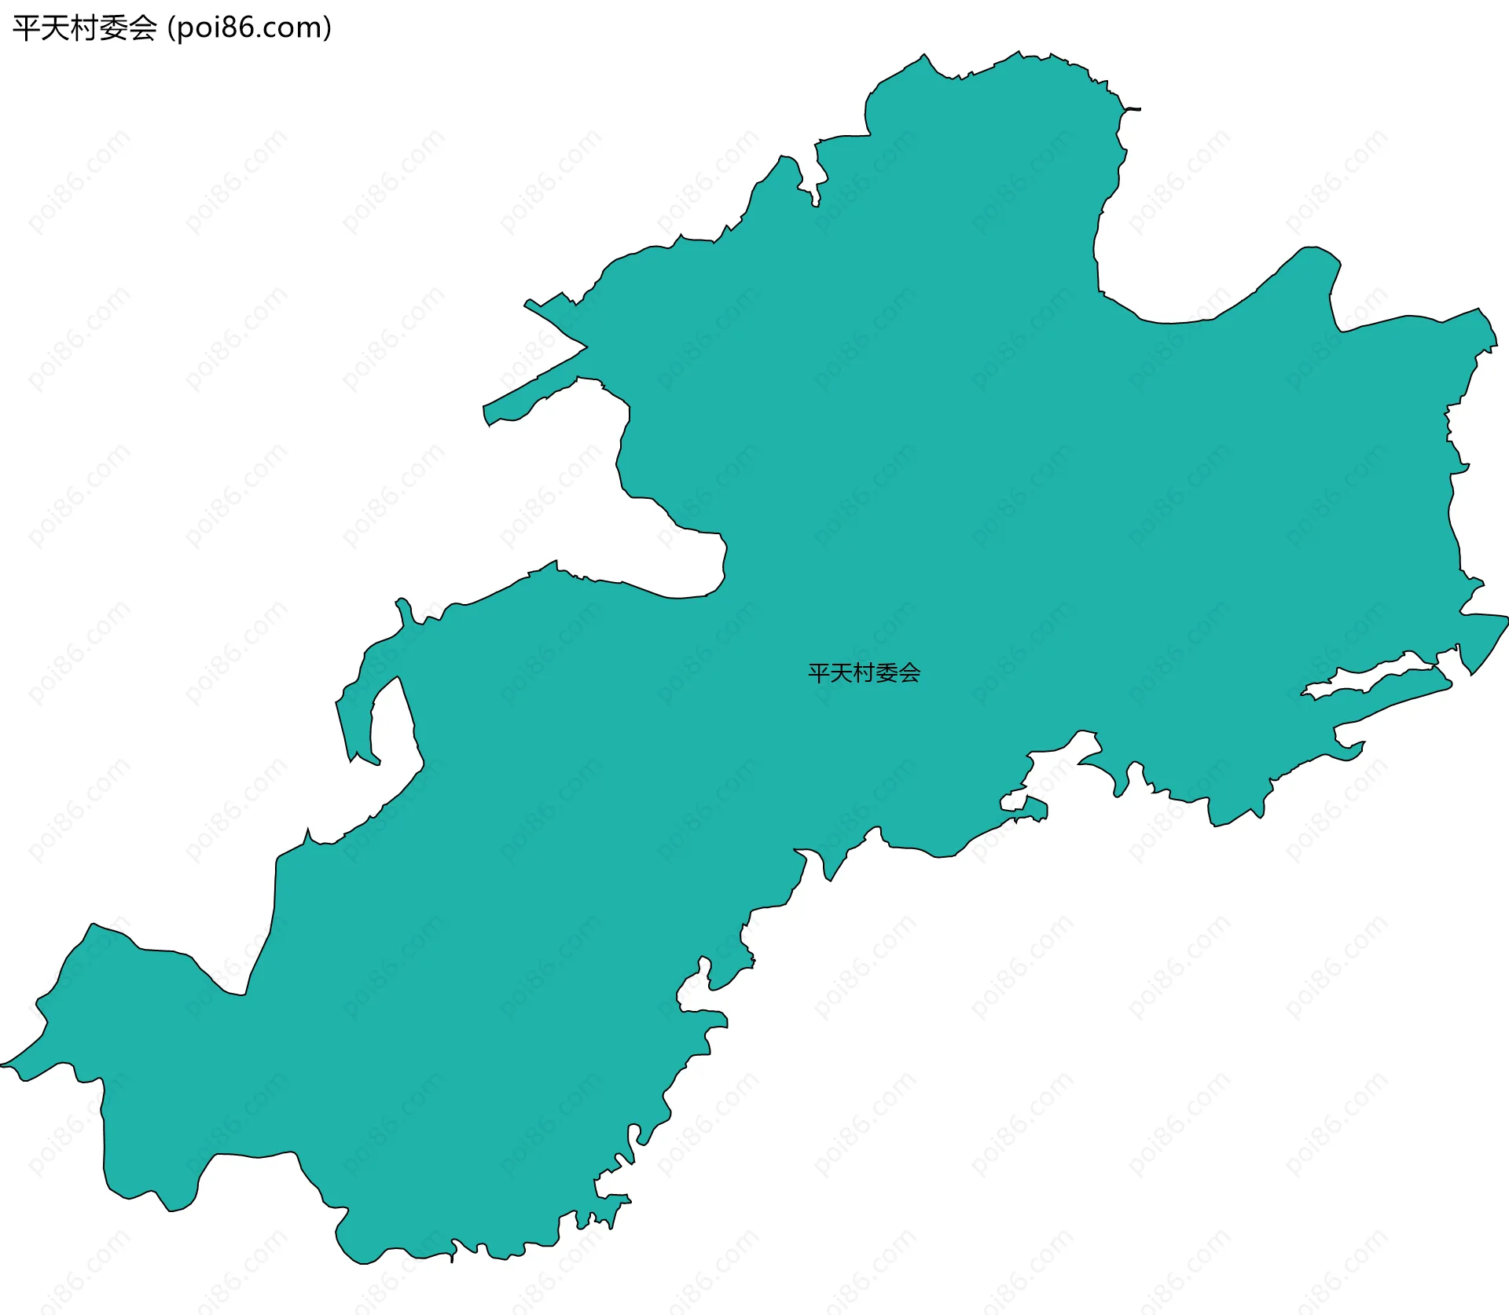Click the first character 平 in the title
coord(25,28)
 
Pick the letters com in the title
coord(296,28)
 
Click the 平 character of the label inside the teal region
coord(819,673)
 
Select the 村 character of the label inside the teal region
coord(864,673)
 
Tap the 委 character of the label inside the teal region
coord(887,673)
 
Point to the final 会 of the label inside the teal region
coord(909,673)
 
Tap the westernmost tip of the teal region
coord(2,1065)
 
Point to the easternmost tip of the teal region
coord(1507,619)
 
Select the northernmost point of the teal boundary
coord(1019,53)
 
